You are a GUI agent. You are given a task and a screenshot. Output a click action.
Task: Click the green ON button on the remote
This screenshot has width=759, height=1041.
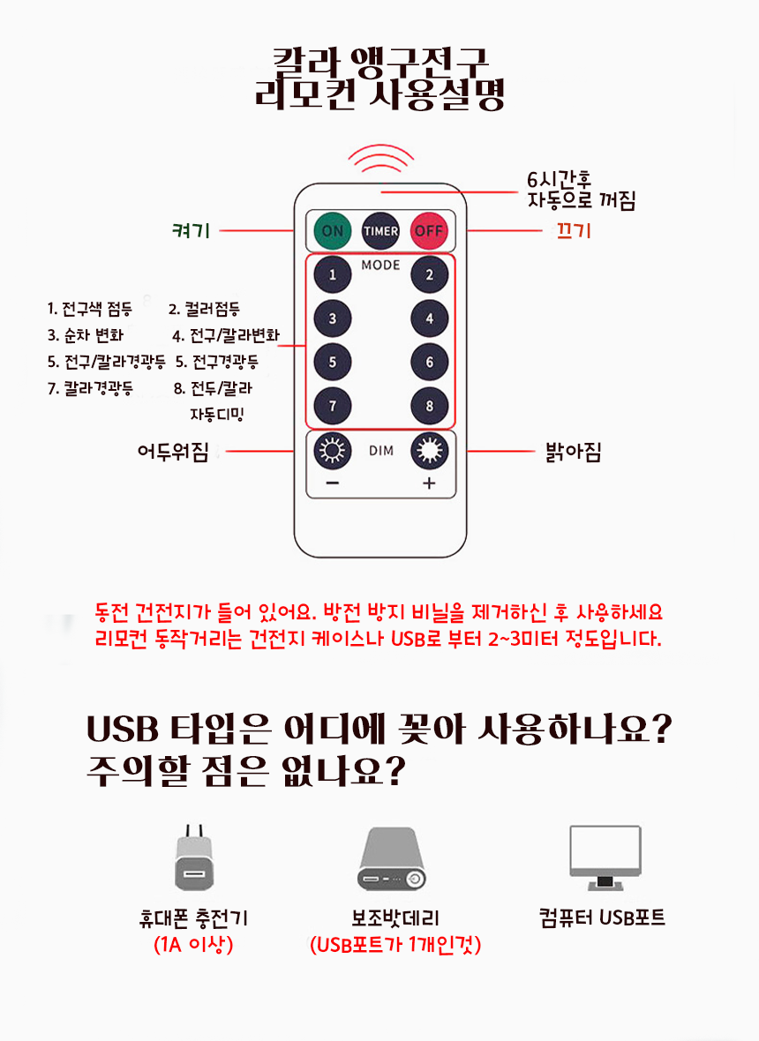[332, 230]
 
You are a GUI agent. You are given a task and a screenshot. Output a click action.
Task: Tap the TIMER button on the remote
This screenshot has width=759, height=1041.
[380, 230]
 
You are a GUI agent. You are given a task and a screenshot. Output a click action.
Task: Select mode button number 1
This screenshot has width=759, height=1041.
[332, 274]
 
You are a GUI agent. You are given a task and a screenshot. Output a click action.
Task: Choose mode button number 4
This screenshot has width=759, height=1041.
[429, 318]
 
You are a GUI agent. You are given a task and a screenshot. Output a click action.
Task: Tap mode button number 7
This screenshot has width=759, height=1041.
[332, 406]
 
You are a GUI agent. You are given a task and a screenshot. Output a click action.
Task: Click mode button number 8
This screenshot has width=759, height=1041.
[429, 406]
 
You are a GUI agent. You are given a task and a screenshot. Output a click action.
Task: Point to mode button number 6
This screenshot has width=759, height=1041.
[429, 362]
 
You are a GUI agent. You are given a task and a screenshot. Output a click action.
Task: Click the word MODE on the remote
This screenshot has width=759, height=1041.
[380, 265]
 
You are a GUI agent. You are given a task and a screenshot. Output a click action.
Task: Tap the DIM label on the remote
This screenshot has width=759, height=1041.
[381, 451]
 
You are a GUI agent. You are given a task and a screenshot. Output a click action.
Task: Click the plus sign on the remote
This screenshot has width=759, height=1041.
[429, 483]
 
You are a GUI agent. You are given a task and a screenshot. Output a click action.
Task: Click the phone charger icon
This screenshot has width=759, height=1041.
[194, 858]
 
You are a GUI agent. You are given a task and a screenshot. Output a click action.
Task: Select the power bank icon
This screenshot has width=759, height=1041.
[392, 859]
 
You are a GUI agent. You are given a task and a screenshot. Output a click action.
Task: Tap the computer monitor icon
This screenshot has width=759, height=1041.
[605, 858]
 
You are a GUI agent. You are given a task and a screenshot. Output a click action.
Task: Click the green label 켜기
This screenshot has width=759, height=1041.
[191, 230]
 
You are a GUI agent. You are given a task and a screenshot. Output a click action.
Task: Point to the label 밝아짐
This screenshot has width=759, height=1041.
[573, 452]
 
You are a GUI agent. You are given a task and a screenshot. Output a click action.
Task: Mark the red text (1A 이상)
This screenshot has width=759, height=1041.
[193, 944]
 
